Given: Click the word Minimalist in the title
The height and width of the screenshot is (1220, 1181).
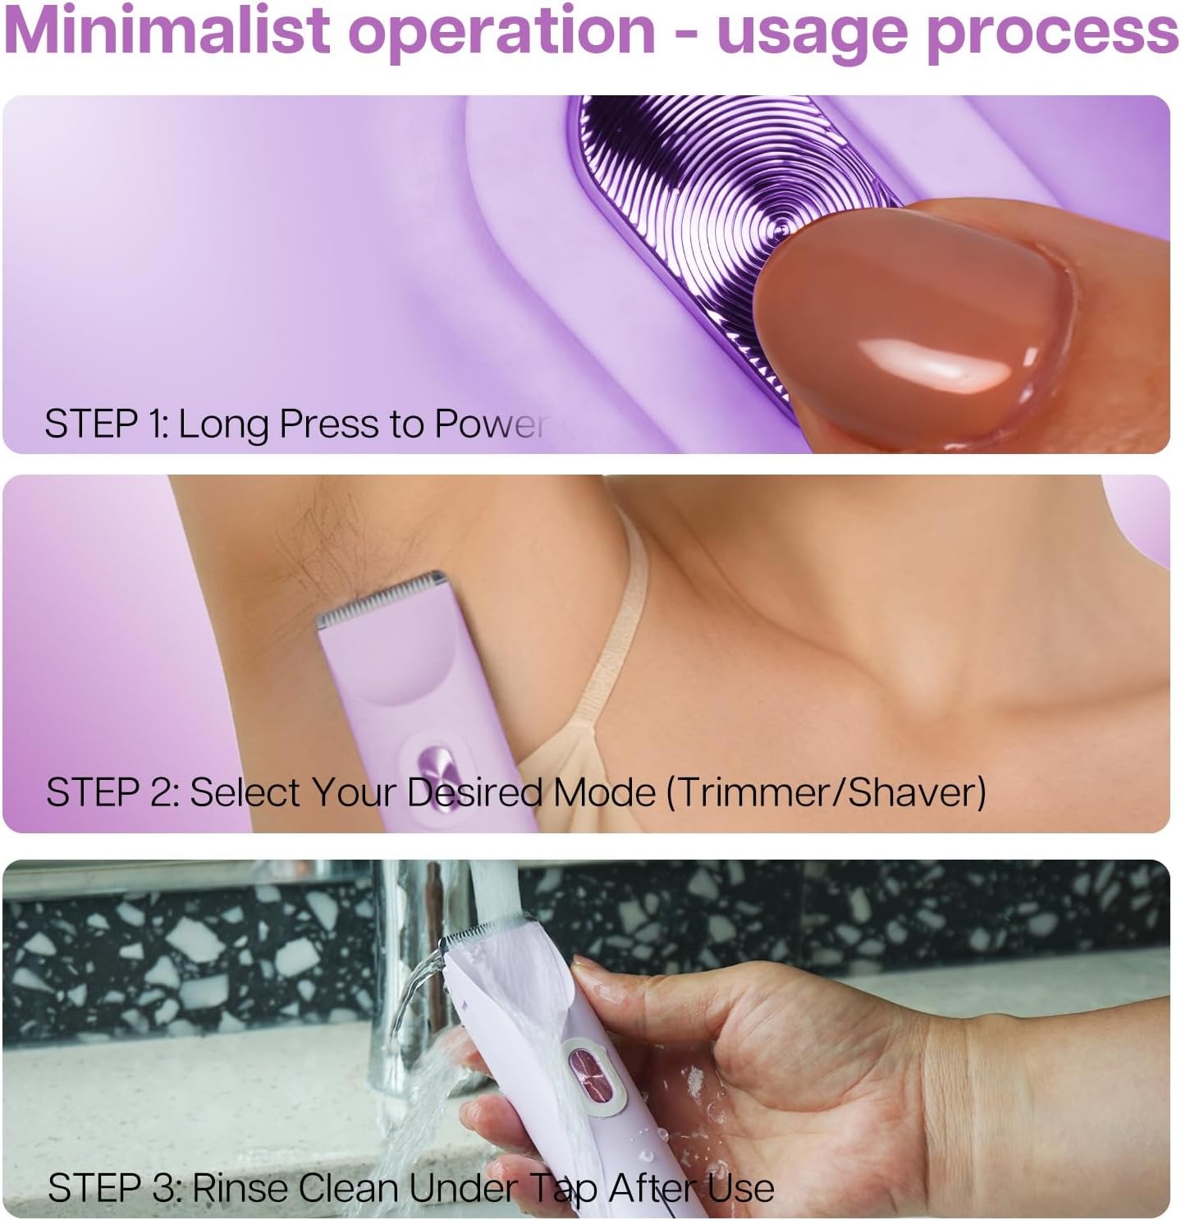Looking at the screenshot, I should [x=163, y=31].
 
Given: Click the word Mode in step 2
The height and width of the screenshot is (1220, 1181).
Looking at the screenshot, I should [x=602, y=792].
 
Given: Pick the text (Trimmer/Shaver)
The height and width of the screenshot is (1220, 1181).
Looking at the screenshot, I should [x=825, y=792].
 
